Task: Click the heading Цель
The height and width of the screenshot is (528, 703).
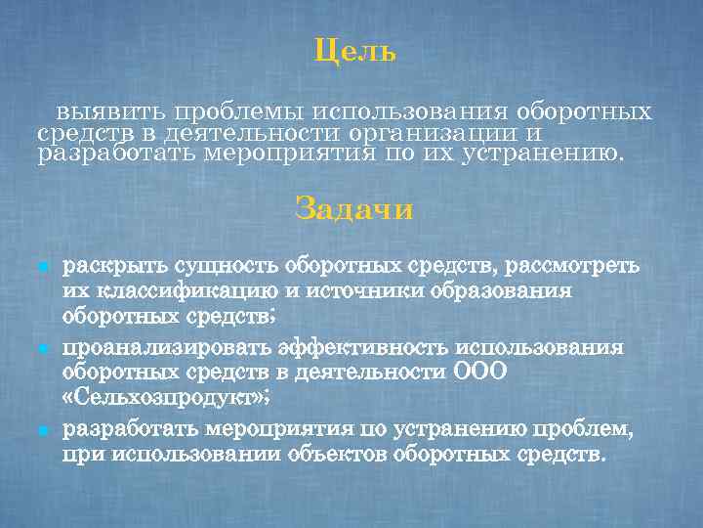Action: [354, 51]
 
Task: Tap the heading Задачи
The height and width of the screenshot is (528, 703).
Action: [353, 209]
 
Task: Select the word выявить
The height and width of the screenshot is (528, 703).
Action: [102, 111]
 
